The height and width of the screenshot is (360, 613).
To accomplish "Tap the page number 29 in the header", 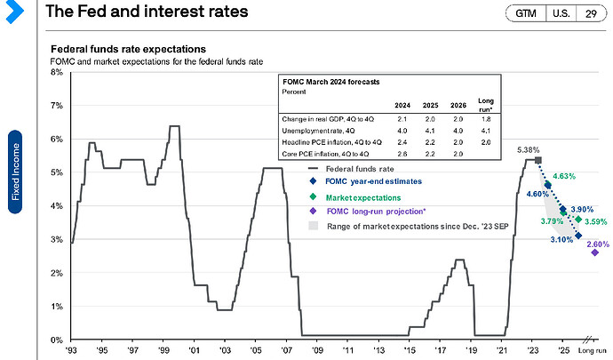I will (x=590, y=14).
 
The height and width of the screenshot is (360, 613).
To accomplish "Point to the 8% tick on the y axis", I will (x=56, y=72).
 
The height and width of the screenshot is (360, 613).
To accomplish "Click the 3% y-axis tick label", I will (x=56, y=240).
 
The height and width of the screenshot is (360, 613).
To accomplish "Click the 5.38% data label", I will (x=520, y=149).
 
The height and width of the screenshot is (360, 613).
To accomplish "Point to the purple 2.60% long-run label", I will (x=598, y=244).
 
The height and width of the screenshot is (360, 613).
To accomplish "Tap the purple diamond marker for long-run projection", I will (x=593, y=252).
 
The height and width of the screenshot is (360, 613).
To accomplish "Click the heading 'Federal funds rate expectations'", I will (x=129, y=48).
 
